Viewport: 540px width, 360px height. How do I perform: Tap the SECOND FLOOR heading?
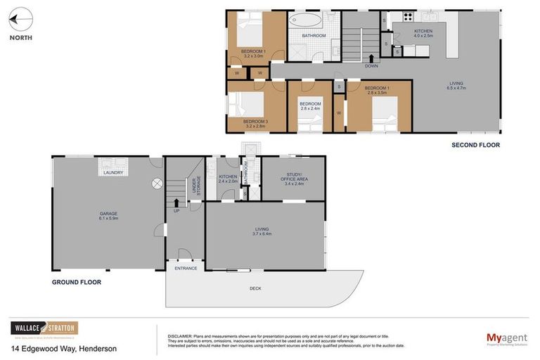coord(475,145)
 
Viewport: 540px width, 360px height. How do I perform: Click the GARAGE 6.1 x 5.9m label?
coord(108,215)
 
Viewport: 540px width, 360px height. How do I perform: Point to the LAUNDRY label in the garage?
coord(113,173)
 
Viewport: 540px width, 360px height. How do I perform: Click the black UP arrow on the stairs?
coord(176,204)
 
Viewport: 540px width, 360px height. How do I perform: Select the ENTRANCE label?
coord(186,268)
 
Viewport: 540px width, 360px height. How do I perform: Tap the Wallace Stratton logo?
coord(44,328)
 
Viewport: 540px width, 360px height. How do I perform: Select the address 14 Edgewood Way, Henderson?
coord(63,349)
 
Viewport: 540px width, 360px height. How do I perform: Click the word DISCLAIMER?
coord(179,336)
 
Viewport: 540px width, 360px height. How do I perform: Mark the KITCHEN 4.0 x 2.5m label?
coord(424,33)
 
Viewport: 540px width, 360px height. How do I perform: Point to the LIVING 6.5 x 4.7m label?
coord(457,86)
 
